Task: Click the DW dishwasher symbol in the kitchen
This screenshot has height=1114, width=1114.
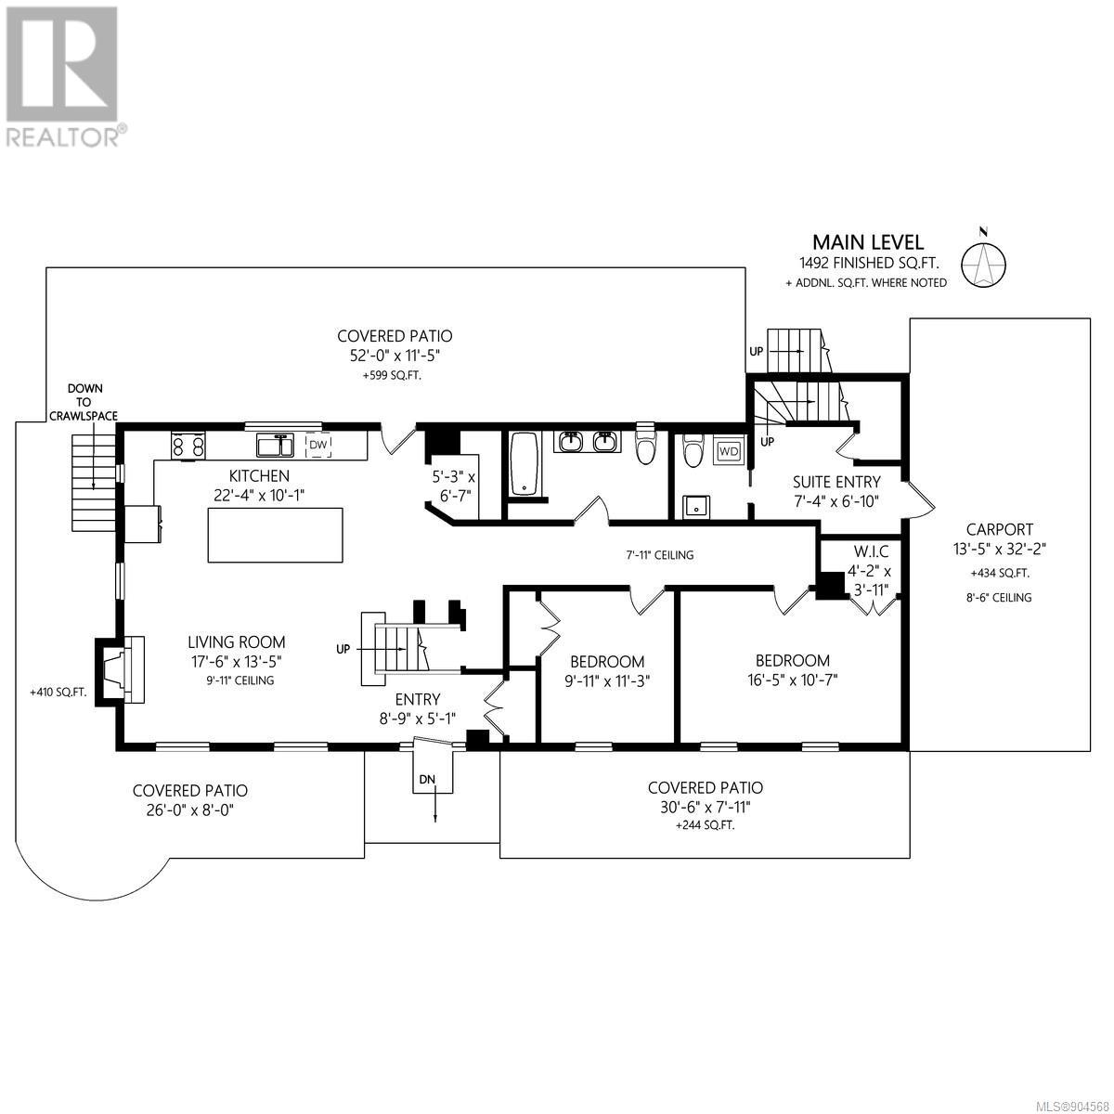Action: point(318,445)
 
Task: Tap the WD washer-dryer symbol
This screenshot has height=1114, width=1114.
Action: point(729,451)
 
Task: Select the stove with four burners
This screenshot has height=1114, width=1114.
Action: point(188,447)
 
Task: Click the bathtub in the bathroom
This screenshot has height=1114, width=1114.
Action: point(525,465)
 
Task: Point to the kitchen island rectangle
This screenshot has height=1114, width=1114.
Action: point(275,535)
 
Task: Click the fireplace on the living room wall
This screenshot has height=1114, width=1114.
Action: point(120,670)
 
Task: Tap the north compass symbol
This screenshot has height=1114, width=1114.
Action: point(983,263)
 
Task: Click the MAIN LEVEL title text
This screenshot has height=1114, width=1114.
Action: point(868,241)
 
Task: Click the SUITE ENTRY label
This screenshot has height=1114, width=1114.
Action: point(836,482)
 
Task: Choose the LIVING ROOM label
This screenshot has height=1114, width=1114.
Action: point(237,641)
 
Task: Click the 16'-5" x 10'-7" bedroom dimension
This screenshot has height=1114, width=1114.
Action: point(793,680)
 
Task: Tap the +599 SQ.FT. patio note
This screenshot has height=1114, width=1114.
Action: point(392,375)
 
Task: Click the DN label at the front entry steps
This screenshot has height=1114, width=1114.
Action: point(427,779)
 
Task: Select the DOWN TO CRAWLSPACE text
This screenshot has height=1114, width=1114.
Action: point(84,402)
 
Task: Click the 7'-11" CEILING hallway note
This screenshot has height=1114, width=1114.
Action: point(660,555)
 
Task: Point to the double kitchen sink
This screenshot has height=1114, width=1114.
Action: point(276,446)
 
